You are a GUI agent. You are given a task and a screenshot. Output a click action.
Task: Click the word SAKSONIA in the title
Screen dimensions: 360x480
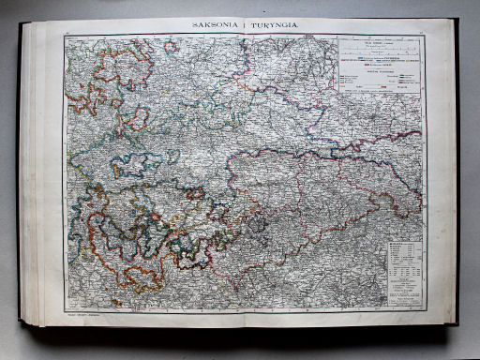(215, 26)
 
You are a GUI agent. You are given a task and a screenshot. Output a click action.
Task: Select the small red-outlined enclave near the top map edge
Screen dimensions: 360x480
(171, 45)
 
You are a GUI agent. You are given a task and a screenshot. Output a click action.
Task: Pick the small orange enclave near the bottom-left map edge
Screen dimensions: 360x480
(116, 302)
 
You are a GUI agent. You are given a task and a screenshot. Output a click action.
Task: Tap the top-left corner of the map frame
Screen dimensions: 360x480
(66, 37)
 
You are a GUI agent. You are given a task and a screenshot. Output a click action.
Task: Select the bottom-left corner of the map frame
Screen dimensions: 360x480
(67, 308)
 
